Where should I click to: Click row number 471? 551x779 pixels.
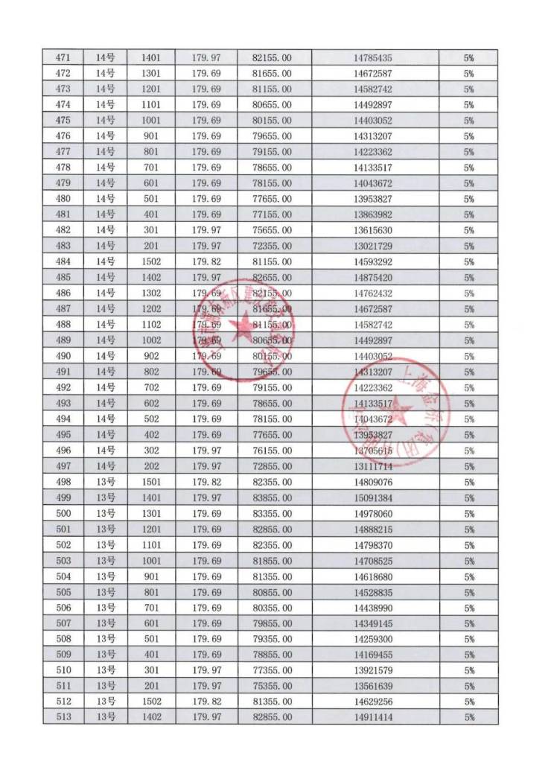point(64,57)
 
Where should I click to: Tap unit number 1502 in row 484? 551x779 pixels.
point(150,262)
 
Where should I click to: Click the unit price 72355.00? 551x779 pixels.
point(272,247)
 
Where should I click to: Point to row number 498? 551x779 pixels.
point(64,482)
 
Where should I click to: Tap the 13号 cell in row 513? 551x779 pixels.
point(105,718)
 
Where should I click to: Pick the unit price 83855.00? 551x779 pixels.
point(272,498)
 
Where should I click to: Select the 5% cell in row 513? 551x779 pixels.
point(468,718)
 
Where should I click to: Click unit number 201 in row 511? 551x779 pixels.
point(150,687)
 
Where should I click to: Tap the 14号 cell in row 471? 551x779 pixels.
point(105,57)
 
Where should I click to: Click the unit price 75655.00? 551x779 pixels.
point(272,230)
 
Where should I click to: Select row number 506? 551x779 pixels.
point(64,608)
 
